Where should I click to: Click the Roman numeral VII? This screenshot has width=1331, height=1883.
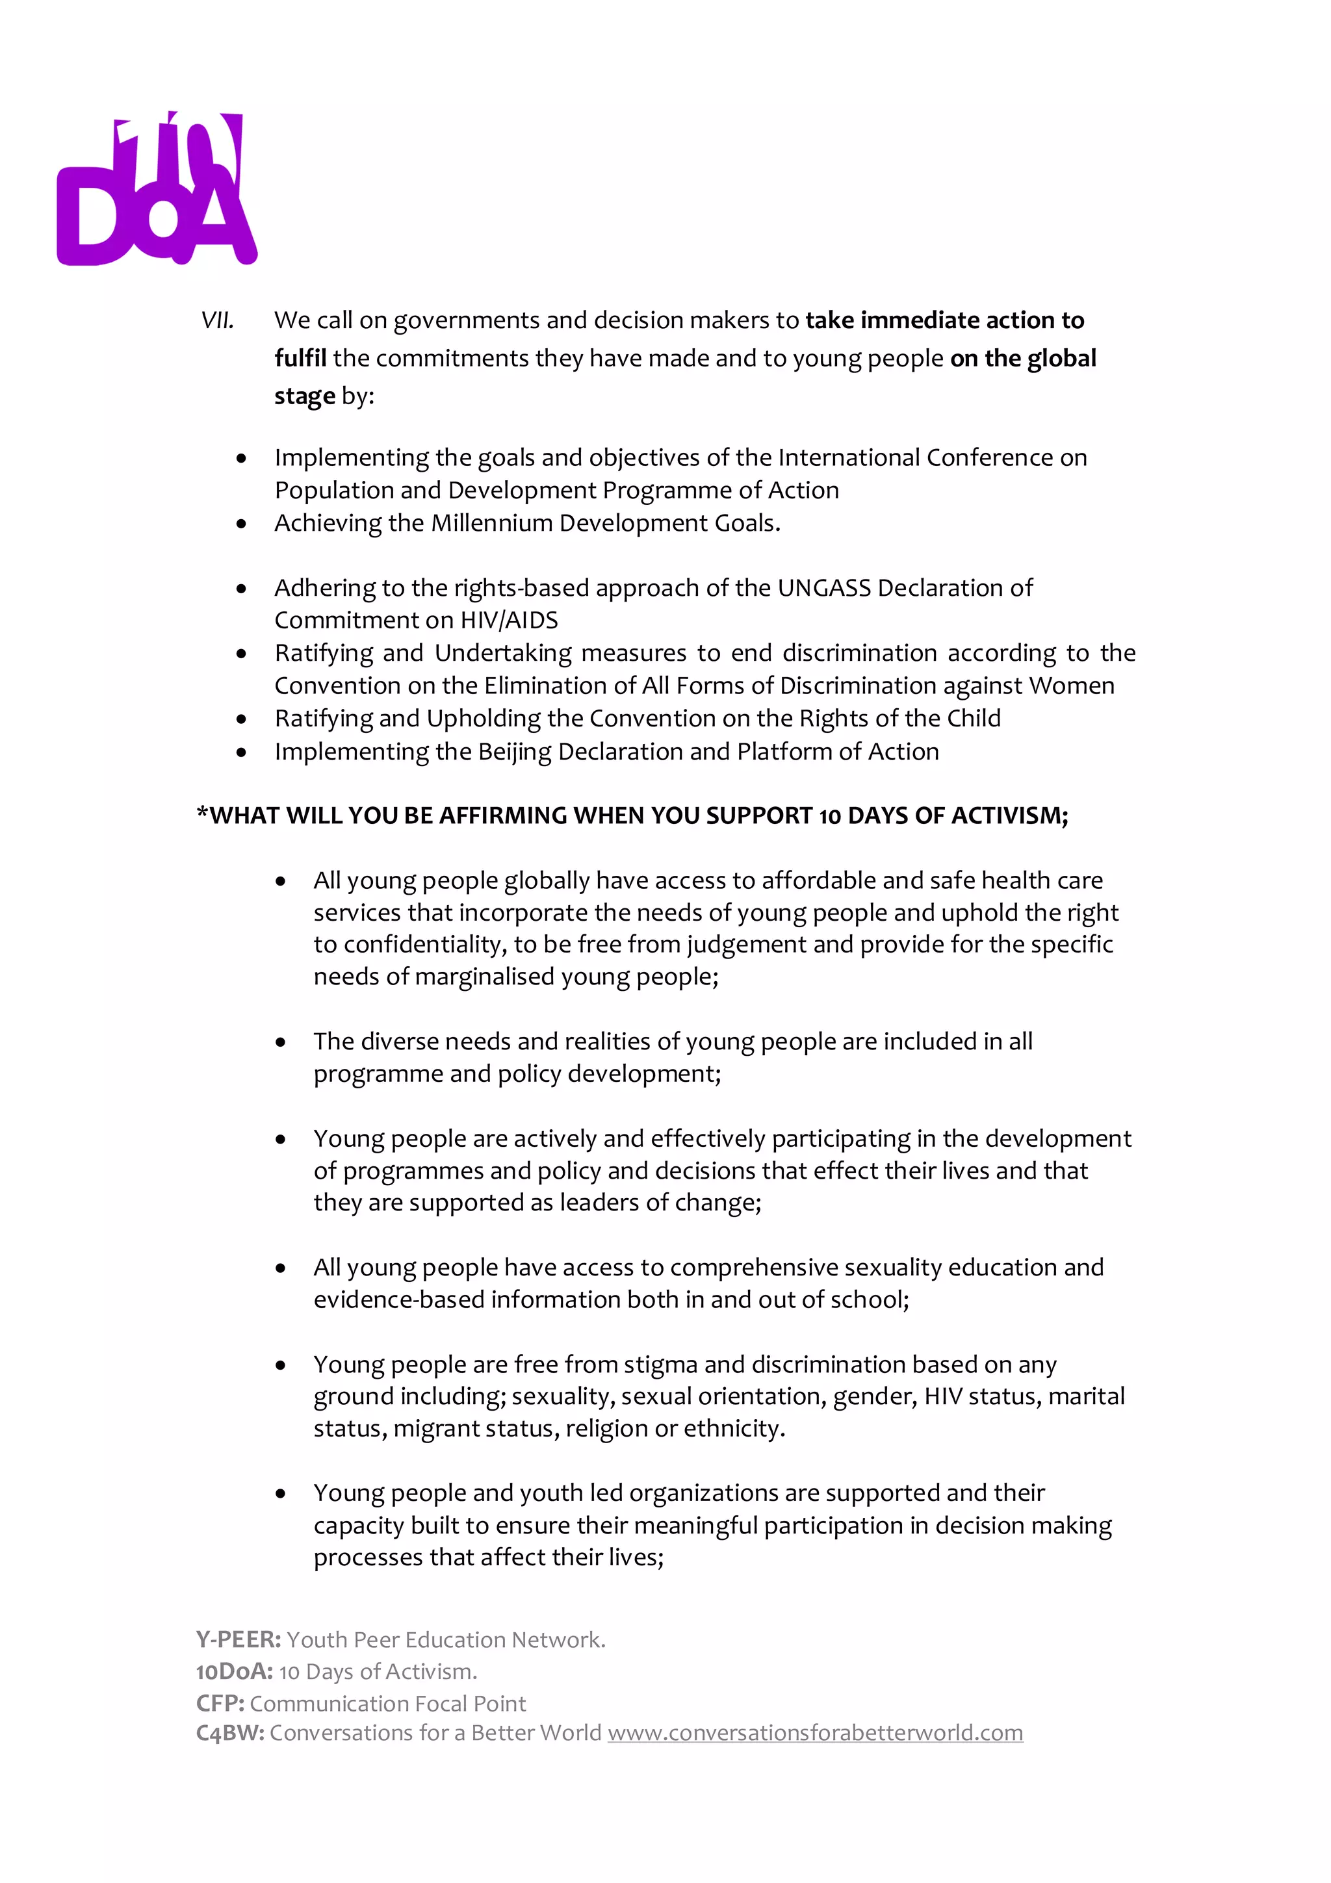pyautogui.click(x=217, y=321)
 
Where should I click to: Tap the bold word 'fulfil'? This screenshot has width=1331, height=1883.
pyautogui.click(x=300, y=359)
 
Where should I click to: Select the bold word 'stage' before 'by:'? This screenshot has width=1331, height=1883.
pyautogui.click(x=304, y=397)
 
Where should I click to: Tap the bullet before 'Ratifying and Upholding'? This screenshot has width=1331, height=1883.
pyautogui.click(x=241, y=719)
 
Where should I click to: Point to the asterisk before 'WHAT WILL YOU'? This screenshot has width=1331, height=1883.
pyautogui.click(x=201, y=813)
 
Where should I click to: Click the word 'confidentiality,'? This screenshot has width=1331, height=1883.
pyautogui.click(x=424, y=945)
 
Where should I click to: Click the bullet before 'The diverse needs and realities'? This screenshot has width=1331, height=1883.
pyautogui.click(x=281, y=1042)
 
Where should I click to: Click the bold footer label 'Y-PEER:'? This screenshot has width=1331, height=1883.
pyautogui.click(x=238, y=1640)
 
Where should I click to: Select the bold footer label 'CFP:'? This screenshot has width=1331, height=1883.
pyautogui.click(x=220, y=1704)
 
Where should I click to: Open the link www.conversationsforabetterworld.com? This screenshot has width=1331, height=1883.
pyautogui.click(x=814, y=1733)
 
